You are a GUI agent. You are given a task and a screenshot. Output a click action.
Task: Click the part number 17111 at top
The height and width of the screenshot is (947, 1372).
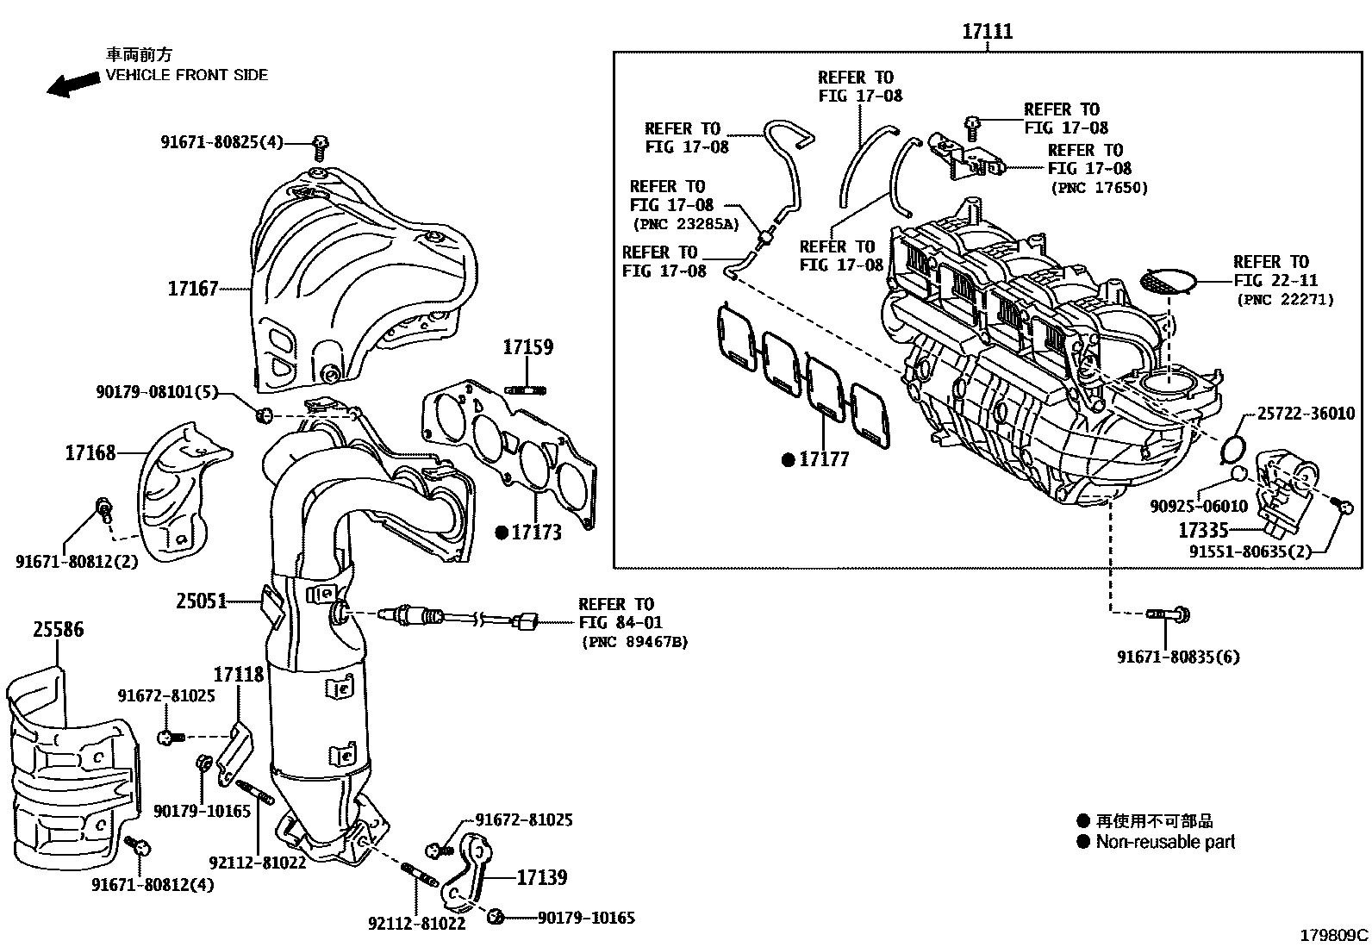coord(987,32)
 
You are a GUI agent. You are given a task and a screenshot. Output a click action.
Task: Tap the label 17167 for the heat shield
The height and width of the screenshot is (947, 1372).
coord(193,289)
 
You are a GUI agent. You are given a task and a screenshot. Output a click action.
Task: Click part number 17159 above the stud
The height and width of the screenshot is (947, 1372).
coord(527,348)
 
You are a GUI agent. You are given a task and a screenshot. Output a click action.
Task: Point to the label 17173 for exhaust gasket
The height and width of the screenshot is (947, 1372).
coord(536,533)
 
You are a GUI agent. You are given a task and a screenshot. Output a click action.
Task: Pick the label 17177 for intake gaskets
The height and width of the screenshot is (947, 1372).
coord(824,459)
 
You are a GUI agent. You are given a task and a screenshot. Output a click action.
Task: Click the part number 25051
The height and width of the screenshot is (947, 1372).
coord(202,601)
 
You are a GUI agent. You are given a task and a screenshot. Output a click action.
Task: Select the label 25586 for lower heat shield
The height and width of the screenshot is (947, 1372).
coord(59,630)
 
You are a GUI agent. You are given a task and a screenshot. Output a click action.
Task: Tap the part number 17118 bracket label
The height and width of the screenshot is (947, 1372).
coord(239,674)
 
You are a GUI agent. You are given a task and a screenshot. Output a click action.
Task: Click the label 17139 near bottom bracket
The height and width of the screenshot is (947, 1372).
coord(542,878)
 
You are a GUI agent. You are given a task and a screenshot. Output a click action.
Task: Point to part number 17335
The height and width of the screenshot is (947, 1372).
coord(1203,530)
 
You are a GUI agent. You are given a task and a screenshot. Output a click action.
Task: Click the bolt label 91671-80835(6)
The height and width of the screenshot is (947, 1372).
coord(1178,657)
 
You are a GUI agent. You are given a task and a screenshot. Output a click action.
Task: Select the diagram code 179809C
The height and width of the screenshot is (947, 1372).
coord(1334,934)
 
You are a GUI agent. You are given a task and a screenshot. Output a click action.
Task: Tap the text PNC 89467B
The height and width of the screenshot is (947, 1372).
coord(634,642)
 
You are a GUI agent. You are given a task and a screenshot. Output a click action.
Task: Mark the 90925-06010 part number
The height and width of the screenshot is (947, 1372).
coord(1198,506)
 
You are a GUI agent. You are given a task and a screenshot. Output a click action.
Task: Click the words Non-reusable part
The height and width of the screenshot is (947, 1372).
coord(1165,842)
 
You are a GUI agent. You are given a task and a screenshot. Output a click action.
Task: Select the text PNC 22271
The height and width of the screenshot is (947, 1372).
coord(1285,300)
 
